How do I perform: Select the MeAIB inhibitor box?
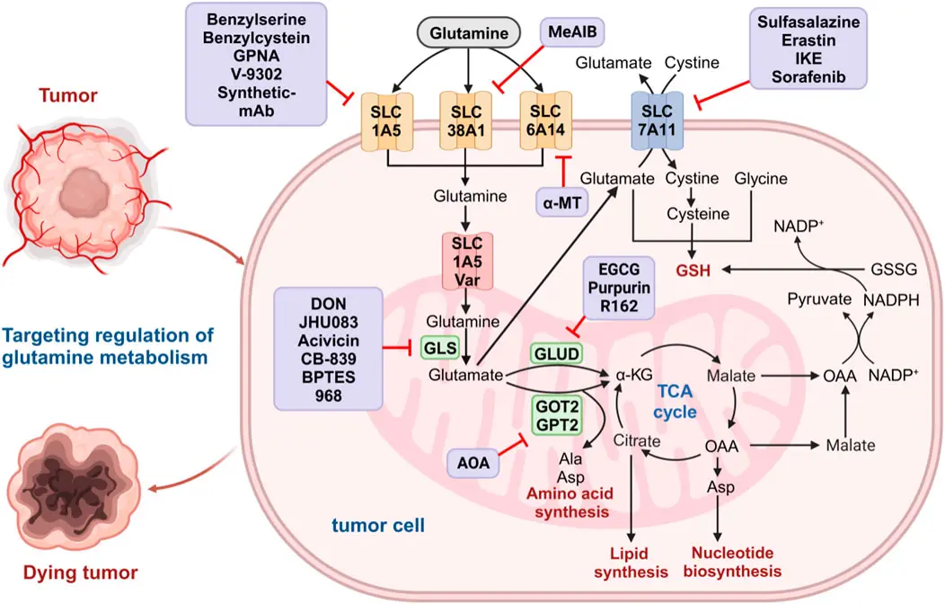[576, 33]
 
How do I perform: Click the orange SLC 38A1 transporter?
[466, 120]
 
